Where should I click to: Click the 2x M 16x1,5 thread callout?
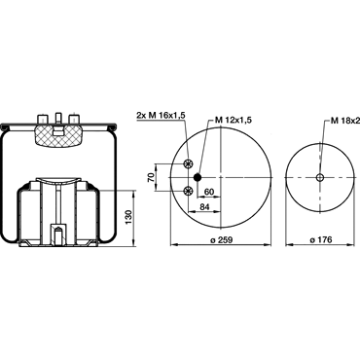click(x=161, y=115)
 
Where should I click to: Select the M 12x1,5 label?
click(x=234, y=120)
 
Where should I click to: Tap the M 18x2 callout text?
click(x=345, y=121)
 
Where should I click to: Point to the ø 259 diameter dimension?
click(x=222, y=239)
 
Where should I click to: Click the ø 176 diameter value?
click(x=321, y=239)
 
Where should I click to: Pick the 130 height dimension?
click(x=128, y=217)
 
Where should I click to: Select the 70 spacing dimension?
click(x=151, y=177)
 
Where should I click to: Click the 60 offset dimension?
click(x=209, y=192)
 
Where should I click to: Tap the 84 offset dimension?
click(x=204, y=206)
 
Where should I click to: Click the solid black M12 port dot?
click(x=198, y=177)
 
